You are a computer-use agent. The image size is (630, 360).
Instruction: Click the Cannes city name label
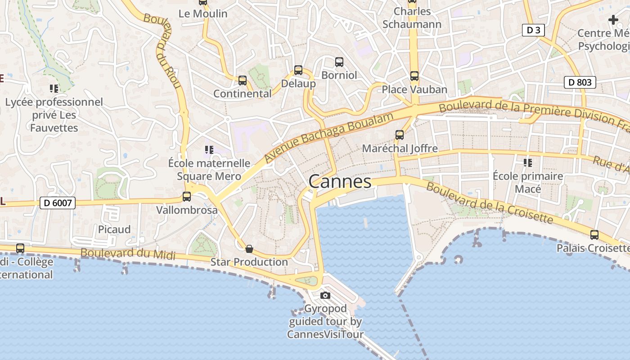pos(340,182)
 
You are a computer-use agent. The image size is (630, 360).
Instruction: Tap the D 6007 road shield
pos(58,203)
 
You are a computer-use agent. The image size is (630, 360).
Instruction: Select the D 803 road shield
pos(580,82)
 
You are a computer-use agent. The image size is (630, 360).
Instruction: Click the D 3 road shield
pos(533,30)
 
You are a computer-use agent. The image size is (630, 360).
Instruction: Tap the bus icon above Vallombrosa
pos(187,197)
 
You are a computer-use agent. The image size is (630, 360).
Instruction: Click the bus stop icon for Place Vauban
pos(414,76)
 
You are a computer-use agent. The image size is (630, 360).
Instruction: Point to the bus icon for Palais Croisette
pos(594,234)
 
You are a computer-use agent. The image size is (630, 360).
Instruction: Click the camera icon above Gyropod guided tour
pos(325,295)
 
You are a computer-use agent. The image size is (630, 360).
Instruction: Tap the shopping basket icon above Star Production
pos(249,248)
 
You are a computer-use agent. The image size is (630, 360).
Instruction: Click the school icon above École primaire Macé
pos(528,162)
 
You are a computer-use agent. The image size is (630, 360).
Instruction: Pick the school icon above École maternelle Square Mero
pos(209,149)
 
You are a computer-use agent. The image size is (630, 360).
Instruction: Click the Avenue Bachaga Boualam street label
pos(328,138)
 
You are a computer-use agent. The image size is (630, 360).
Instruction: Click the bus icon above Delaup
pos(298,70)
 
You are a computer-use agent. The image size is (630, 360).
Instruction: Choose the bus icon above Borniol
pos(339,62)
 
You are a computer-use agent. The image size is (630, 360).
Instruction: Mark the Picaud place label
pos(114,229)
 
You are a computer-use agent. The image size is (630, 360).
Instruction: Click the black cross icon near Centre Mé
pos(613,20)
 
